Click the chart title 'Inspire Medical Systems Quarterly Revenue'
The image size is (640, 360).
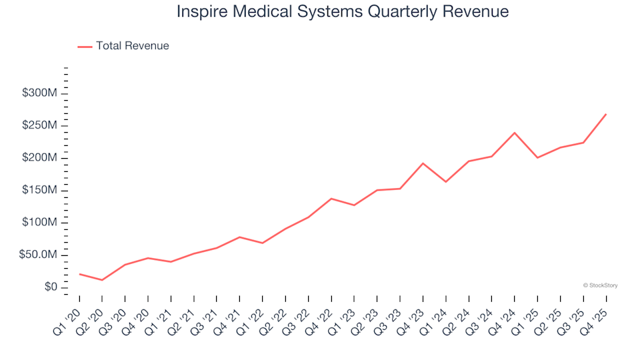click(x=343, y=12)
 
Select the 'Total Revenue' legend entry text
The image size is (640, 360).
click(x=132, y=46)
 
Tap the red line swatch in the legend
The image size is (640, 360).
click(x=85, y=47)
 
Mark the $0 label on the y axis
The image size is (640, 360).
click(x=51, y=287)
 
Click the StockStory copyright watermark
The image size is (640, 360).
click(x=600, y=285)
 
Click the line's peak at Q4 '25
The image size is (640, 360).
click(x=605, y=114)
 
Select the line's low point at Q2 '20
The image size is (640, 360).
click(x=102, y=280)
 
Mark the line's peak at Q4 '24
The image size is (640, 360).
click(x=514, y=133)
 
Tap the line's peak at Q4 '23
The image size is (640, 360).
click(x=423, y=163)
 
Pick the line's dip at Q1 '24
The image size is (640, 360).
click(x=445, y=182)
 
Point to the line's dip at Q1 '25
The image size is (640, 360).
click(x=537, y=157)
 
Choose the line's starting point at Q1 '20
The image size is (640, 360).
click(x=79, y=274)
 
